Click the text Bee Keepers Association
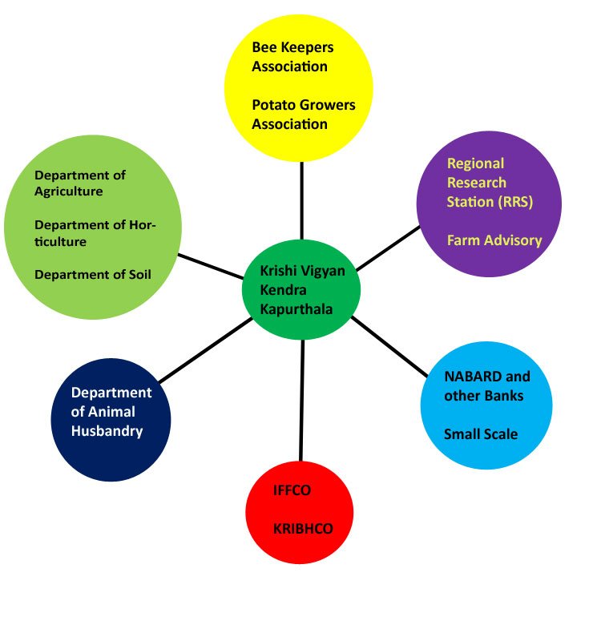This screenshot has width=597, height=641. [x=292, y=57]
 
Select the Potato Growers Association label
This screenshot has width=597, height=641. [x=303, y=115]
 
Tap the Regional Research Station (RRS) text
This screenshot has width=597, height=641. [x=490, y=183]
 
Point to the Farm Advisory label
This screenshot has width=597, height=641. [x=494, y=240]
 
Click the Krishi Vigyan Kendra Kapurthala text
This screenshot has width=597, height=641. [x=302, y=290]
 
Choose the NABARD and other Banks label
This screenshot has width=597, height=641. [x=486, y=385]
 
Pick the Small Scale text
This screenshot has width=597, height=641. [x=481, y=434]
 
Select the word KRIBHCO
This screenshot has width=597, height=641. [x=302, y=529]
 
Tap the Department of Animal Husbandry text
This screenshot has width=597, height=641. [x=111, y=412]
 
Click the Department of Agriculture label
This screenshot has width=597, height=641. [x=80, y=183]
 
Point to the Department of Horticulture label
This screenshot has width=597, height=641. [x=95, y=232]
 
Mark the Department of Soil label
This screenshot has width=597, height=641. [x=93, y=275]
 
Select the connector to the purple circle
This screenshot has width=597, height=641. [x=388, y=247]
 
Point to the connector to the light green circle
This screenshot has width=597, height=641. [x=210, y=267]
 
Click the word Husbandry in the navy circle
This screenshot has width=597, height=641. [x=107, y=431]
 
